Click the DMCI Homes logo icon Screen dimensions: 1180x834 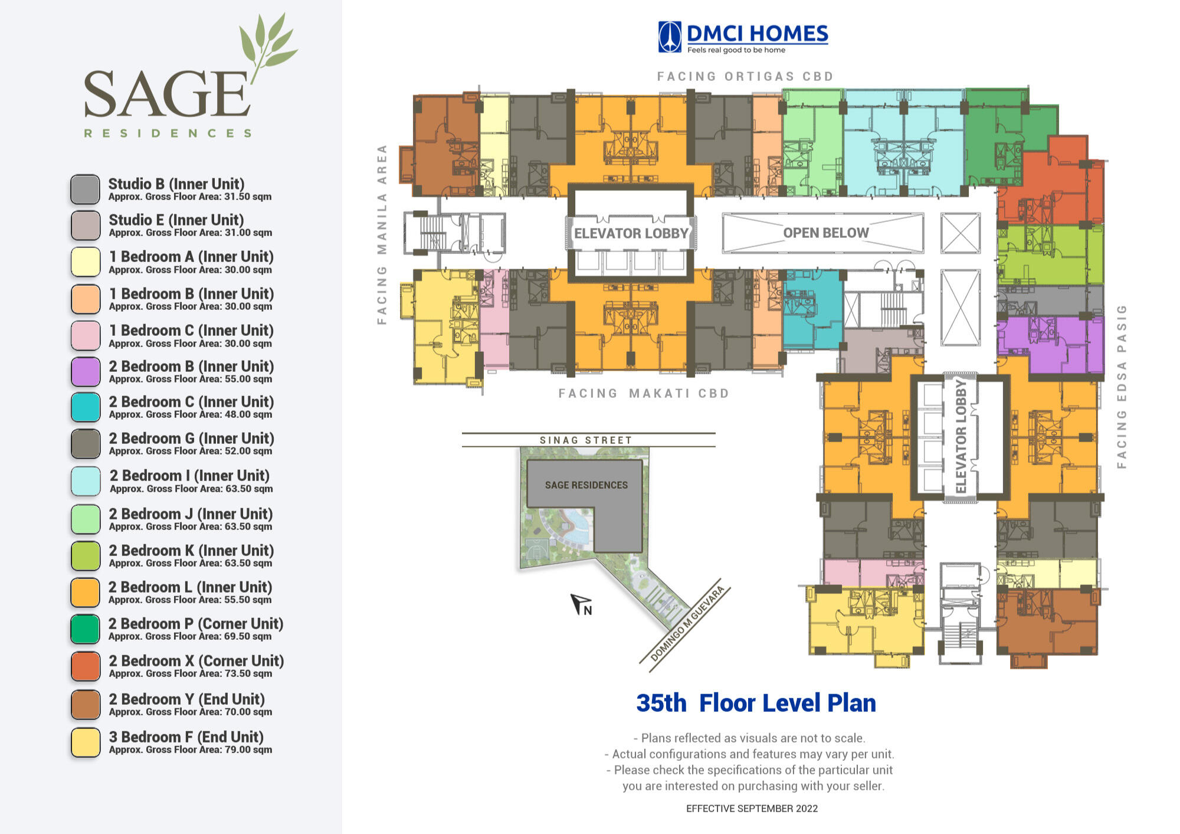click(670, 37)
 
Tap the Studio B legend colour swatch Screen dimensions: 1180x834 click(86, 189)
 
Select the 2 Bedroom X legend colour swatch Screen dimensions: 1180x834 click(86, 666)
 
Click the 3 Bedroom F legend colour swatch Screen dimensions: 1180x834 click(86, 743)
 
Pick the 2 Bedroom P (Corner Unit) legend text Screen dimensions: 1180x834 click(196, 624)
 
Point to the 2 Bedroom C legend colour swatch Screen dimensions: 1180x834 click(86, 407)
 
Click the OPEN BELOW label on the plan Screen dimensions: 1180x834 click(826, 233)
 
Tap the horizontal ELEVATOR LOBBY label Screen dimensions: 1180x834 click(631, 233)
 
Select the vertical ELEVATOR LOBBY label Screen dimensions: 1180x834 click(961, 436)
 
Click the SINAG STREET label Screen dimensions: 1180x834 click(586, 440)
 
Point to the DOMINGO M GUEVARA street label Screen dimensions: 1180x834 click(687, 624)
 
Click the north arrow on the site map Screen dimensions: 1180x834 click(581, 604)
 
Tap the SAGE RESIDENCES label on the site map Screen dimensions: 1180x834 click(586, 485)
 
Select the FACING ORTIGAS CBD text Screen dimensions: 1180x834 click(745, 76)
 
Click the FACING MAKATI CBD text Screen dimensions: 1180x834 click(644, 393)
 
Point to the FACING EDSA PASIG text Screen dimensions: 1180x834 click(1122, 387)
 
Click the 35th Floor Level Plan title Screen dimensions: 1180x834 click(756, 703)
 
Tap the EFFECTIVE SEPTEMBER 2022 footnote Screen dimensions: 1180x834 click(752, 809)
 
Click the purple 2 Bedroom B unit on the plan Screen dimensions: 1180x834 click(1050, 345)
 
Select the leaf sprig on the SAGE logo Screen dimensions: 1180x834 click(268, 47)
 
